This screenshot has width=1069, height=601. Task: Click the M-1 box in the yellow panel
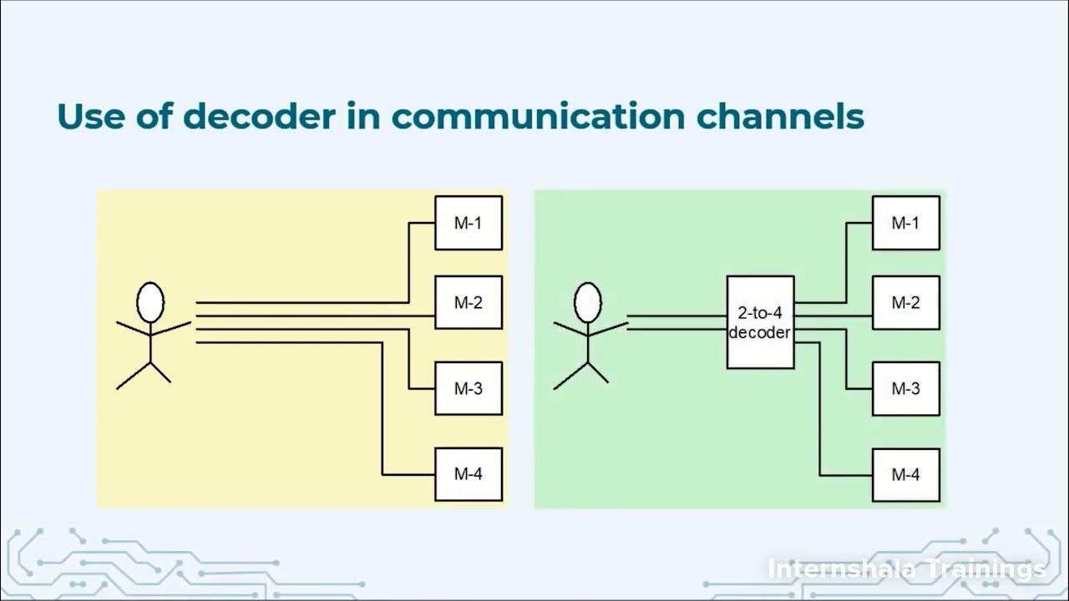coord(469,223)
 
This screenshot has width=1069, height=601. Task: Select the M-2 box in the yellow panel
coord(469,302)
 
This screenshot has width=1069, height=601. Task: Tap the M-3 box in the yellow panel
coord(469,388)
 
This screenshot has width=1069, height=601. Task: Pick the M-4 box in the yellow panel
coord(469,474)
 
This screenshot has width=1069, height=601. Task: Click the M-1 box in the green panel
coord(906,223)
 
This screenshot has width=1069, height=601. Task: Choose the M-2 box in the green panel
coord(906,302)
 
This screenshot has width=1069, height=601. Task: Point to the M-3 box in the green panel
coord(906,388)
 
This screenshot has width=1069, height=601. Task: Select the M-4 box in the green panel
coord(906,474)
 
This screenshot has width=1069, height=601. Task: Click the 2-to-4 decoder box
coord(760,322)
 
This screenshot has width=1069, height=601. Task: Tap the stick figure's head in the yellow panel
coord(150,302)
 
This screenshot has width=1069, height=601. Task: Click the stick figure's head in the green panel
coord(588,302)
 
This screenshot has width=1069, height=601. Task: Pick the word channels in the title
coord(778,117)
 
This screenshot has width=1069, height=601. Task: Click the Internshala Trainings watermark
coord(906,569)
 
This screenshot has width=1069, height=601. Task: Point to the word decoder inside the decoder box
coord(760,332)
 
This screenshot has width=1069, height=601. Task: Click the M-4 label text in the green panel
coord(906,474)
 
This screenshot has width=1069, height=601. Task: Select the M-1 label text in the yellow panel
coord(469,223)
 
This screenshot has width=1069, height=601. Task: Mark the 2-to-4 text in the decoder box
coord(760,313)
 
